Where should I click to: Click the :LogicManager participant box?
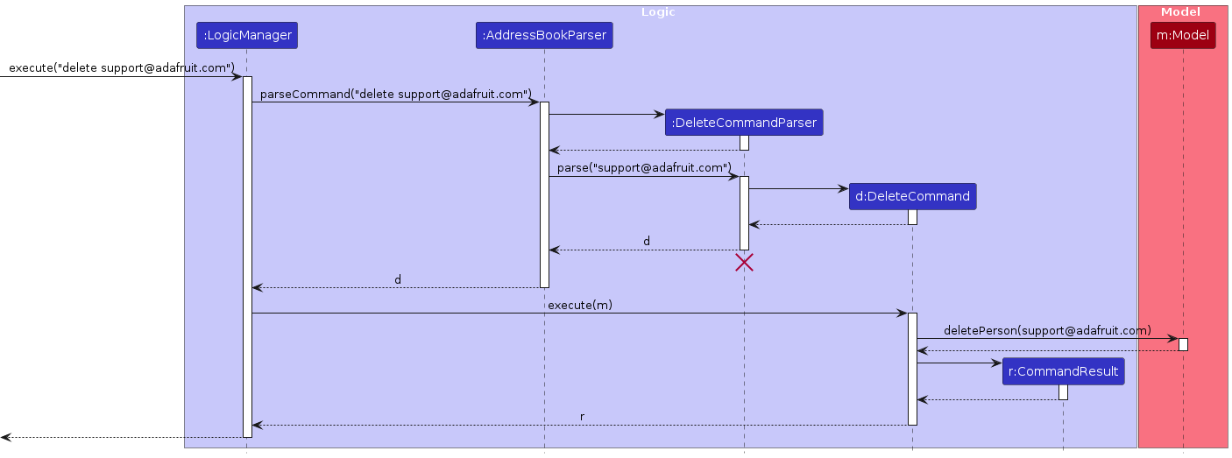246,36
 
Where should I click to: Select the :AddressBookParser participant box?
543,36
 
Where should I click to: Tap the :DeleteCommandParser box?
744,123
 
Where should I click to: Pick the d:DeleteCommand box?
911,197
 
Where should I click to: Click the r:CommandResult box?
1063,372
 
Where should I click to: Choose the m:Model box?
1183,36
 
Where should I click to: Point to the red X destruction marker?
744,262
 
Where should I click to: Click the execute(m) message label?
578,305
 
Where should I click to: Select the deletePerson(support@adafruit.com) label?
1047,330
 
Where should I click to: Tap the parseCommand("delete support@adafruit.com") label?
396,94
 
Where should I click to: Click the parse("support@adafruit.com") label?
644,168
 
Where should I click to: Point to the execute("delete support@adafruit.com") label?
122,67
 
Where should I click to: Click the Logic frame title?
658,12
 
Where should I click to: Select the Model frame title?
1180,12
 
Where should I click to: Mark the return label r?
583,417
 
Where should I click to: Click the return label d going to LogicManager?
398,279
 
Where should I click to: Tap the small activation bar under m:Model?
1183,344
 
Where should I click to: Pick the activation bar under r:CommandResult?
1063,392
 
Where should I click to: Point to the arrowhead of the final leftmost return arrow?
5,437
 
